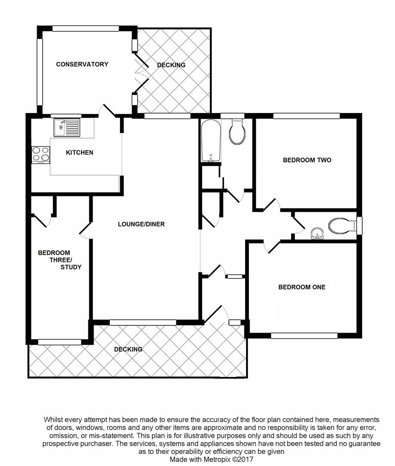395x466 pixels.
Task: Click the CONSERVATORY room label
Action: pos(82,64)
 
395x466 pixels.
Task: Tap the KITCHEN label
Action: pos(80,152)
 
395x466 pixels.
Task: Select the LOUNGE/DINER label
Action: pos(141,224)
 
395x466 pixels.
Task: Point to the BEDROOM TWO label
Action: pos(307,160)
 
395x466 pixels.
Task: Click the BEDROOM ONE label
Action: pos(302,287)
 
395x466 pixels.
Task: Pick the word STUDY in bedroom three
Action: pos(71,267)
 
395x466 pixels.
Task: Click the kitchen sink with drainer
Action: pos(67,127)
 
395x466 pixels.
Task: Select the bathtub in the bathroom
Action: pos(211,141)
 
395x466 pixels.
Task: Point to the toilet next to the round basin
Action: pos(342,226)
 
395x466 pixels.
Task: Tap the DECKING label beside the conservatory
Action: pos(171,65)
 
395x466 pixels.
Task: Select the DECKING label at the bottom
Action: pos(129,349)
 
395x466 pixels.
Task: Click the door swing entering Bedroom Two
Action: pos(272,205)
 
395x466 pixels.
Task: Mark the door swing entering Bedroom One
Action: pos(272,247)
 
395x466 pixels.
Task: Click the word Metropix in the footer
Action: pos(216,460)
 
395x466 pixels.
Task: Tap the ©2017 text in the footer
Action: pos(243,460)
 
